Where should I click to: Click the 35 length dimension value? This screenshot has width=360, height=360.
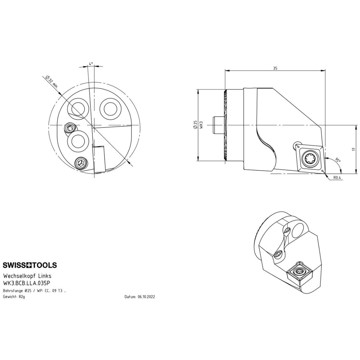tap(275, 68)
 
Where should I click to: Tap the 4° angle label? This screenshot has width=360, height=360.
tap(91, 64)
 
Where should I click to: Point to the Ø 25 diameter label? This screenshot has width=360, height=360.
tap(195, 124)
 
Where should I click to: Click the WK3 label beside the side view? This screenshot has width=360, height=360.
tap(201, 124)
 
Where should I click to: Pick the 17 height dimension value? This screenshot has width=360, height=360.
tap(353, 149)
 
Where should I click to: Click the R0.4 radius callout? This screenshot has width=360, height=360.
tap(337, 178)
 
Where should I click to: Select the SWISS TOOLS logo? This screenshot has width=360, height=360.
tap(30, 265)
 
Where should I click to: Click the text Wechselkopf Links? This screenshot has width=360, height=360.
tap(27, 276)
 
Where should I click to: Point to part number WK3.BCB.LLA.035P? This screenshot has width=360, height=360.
tap(26, 283)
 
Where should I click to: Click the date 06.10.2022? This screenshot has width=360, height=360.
tap(146, 297)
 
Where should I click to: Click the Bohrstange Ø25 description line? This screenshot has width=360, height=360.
tap(34, 291)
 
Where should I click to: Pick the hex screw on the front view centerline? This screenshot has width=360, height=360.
tap(70, 128)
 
